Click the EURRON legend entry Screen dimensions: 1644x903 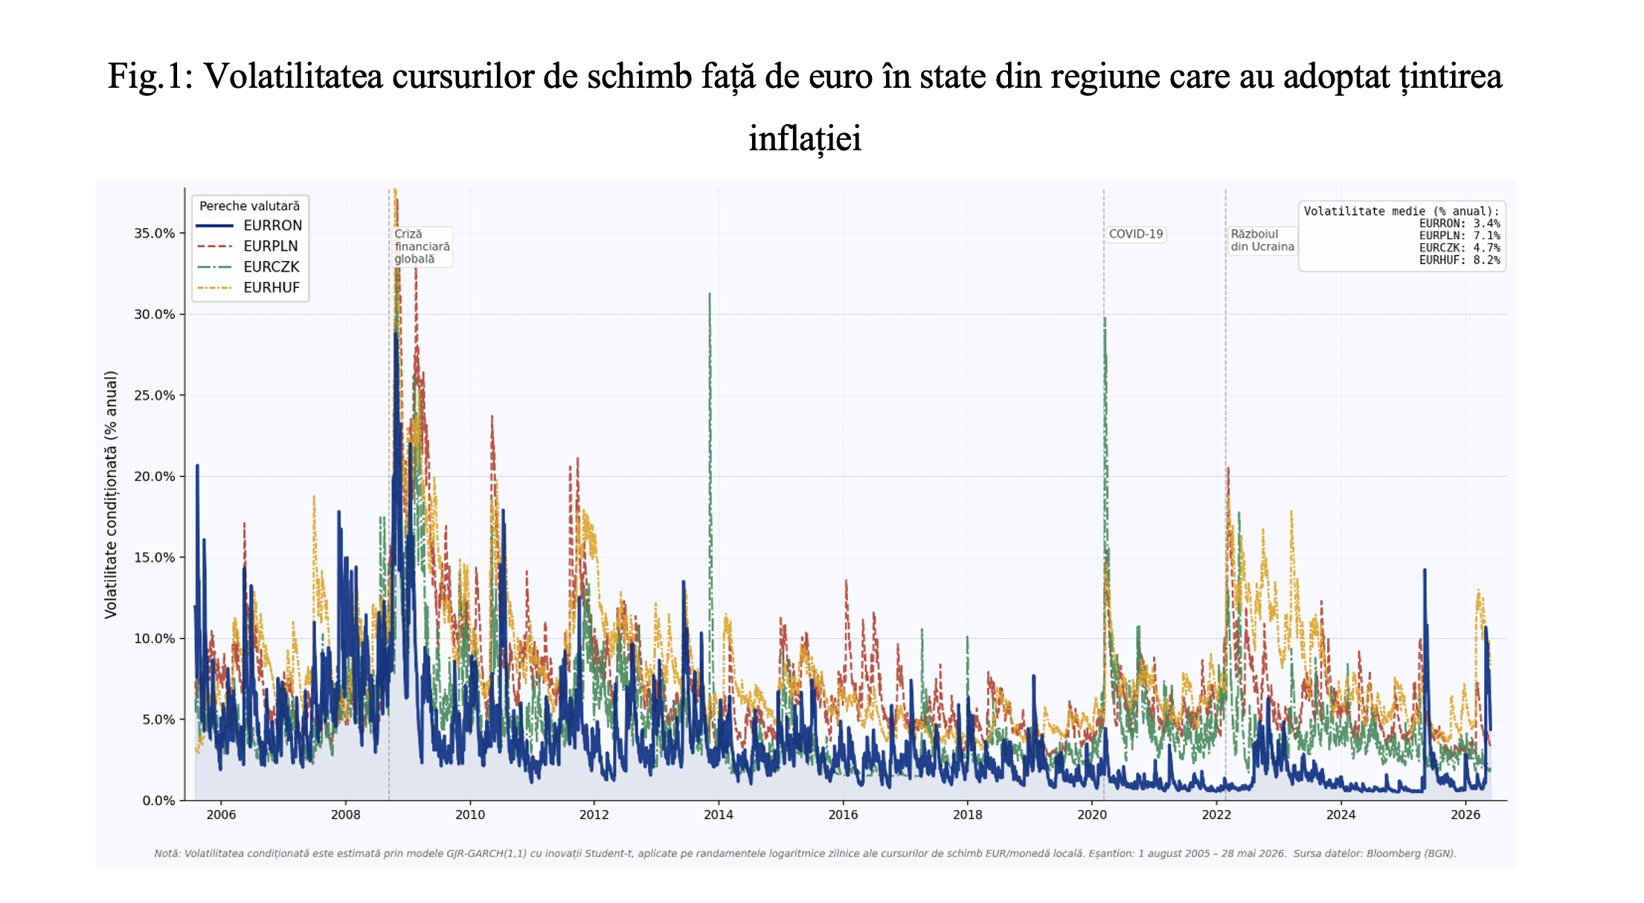(249, 225)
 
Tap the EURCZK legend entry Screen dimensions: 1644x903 (248, 267)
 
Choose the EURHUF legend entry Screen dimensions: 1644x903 (248, 288)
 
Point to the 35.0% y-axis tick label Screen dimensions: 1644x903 (155, 234)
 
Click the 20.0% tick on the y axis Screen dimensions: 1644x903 (155, 477)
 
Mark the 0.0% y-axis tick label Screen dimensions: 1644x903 (159, 801)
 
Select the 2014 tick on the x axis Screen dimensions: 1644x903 (719, 815)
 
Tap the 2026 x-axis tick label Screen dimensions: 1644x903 (1465, 815)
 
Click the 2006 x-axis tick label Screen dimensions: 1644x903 (221, 815)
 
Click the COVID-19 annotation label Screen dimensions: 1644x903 (1135, 234)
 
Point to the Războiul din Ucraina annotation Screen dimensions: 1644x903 (1262, 241)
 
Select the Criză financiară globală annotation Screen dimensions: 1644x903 (422, 247)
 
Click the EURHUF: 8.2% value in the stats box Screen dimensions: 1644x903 (1460, 260)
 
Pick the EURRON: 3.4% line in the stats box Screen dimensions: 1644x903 (1460, 224)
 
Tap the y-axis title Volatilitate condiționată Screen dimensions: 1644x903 (111, 495)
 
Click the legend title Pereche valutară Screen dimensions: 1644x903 (250, 206)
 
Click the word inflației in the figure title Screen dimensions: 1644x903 (805, 139)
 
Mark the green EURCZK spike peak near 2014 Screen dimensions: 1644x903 (710, 294)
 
